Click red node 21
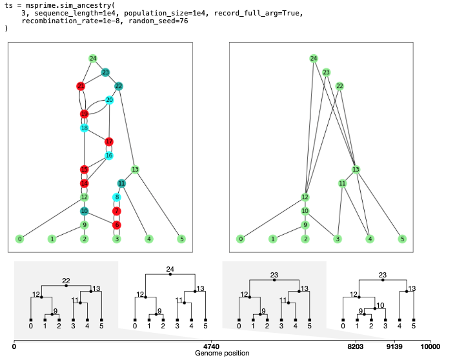(x=81, y=86)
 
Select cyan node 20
(x=110, y=100)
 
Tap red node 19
(x=84, y=114)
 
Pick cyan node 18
(x=84, y=128)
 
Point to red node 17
(x=109, y=142)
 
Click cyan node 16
(x=109, y=155)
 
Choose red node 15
(x=84, y=170)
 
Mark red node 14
(x=84, y=183)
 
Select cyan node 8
(x=117, y=197)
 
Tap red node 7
(x=117, y=211)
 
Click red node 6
(x=117, y=225)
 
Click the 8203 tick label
(x=353, y=346)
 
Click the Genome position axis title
(x=221, y=354)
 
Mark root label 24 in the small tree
(x=170, y=268)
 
